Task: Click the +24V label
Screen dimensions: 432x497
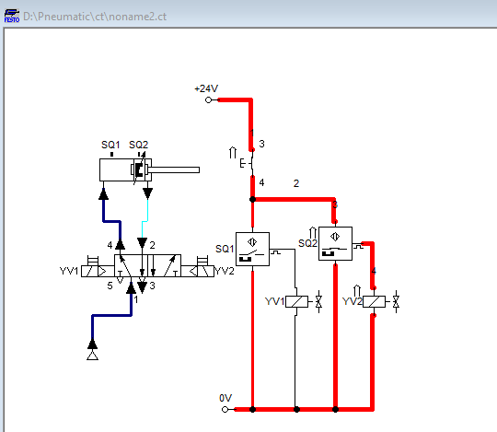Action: click(x=205, y=88)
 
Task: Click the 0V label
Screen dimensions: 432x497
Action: click(x=225, y=397)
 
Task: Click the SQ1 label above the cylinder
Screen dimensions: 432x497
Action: click(x=110, y=145)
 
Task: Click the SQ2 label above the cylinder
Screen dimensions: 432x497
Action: click(x=138, y=145)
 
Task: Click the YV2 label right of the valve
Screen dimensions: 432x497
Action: click(x=227, y=271)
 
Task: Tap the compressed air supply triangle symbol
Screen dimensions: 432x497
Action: click(x=91, y=354)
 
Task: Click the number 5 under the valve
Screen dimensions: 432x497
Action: click(x=109, y=286)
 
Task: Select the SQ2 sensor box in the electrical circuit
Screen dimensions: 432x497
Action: click(x=335, y=243)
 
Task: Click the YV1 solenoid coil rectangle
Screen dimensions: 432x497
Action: click(x=295, y=301)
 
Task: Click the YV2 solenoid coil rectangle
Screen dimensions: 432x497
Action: click(x=373, y=301)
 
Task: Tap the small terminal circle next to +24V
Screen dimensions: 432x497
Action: click(x=209, y=99)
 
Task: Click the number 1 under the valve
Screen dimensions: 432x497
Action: click(x=136, y=299)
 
